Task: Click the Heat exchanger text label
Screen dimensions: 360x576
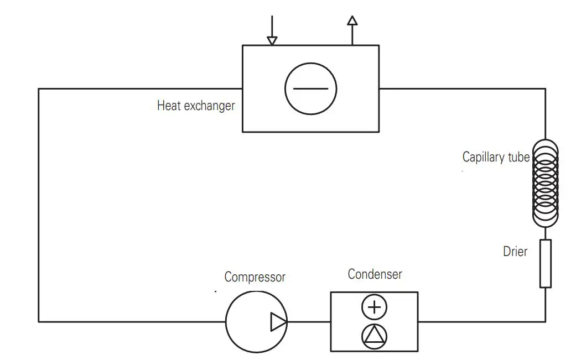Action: [196, 106]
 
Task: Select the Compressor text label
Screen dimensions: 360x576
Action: [255, 276]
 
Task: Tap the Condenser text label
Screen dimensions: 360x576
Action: [375, 274]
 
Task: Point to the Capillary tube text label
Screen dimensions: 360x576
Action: [496, 158]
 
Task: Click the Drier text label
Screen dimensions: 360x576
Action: [515, 252]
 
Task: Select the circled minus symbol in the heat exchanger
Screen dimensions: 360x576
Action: [310, 88]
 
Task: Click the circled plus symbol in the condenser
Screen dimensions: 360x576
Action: [375, 307]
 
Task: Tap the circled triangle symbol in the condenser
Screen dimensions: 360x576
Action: [375, 336]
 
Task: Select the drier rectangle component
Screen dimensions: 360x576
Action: [546, 263]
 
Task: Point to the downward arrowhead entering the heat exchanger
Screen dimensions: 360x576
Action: [272, 40]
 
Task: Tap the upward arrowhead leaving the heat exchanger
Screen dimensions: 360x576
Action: [352, 20]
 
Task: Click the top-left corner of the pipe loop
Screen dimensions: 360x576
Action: [39, 88]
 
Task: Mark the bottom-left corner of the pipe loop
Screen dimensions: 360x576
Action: [39, 321]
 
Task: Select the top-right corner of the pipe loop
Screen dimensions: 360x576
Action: [545, 88]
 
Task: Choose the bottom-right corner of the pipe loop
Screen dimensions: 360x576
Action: [545, 321]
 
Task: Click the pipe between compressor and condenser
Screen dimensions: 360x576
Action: [309, 321]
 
